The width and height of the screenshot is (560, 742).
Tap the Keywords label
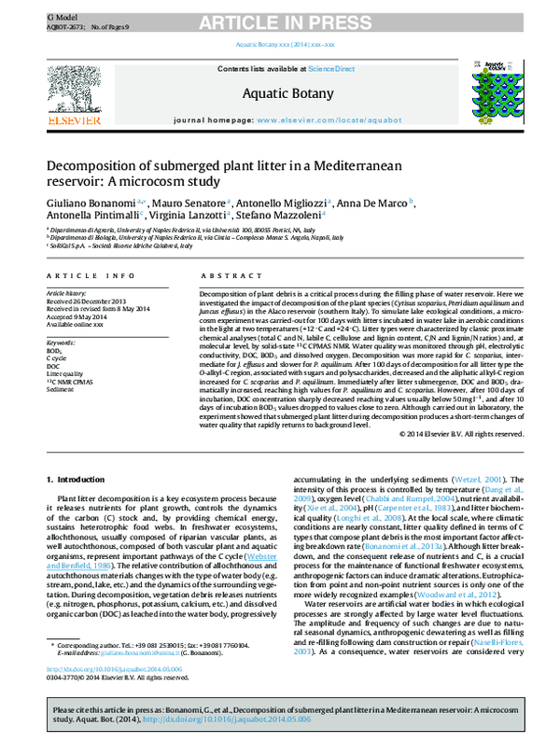[61, 343]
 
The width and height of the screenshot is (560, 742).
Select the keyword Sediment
[62, 389]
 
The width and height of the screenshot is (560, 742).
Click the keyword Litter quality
[66, 374]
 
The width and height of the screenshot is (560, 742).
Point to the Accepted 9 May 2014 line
[76, 317]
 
